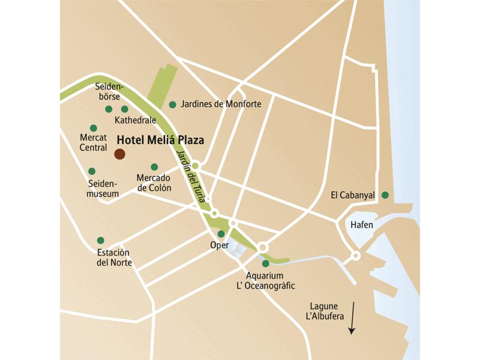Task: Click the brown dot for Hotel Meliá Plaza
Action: tap(119, 154)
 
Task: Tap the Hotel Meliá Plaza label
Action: tap(160, 140)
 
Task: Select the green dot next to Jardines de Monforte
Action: tap(173, 104)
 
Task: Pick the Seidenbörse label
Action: tap(109, 92)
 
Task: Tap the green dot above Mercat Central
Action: tap(94, 128)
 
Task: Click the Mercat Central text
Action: tap(93, 143)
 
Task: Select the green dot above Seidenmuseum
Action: tap(92, 171)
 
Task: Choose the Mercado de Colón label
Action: tap(154, 183)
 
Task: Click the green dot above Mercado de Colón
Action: tap(154, 167)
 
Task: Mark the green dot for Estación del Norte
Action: tap(100, 240)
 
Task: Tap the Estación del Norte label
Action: tap(114, 257)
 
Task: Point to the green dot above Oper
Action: tap(221, 234)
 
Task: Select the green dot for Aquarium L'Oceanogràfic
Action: tap(266, 263)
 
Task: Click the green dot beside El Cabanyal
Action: tap(385, 194)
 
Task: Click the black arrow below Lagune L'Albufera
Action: tap(352, 318)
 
